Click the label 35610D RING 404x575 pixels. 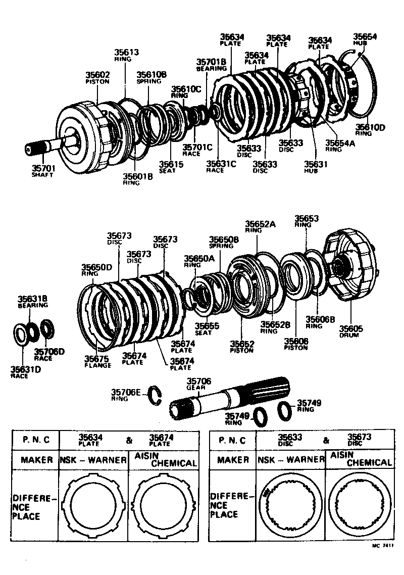[x=370, y=130]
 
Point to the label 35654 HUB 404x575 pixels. [x=365, y=39]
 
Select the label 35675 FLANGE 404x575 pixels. [x=97, y=361]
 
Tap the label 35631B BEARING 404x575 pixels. [x=33, y=302]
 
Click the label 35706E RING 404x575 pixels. [x=127, y=394]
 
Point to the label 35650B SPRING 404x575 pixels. [x=224, y=242]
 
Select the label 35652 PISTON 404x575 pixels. [x=242, y=347]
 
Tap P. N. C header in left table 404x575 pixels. [x=36, y=440]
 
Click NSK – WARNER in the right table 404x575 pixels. [x=291, y=460]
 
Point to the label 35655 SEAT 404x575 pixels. [x=207, y=329]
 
